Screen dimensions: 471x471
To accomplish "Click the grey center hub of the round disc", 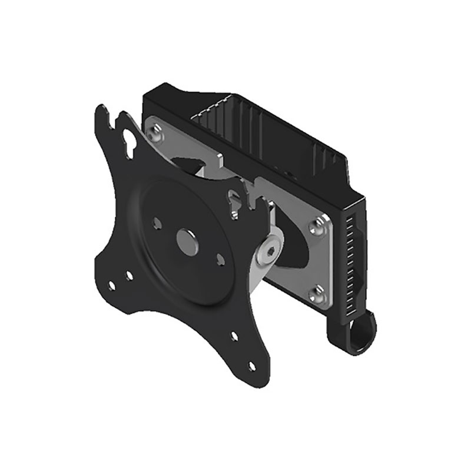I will pyautogui.click(x=187, y=242).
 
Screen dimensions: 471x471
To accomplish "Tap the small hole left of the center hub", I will pyautogui.click(x=157, y=223).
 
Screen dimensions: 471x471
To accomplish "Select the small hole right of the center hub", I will pyautogui.click(x=220, y=258).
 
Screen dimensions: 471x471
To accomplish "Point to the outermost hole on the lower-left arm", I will pyautogui.click(x=112, y=286).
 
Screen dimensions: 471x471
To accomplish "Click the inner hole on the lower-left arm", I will pyautogui.click(x=129, y=275).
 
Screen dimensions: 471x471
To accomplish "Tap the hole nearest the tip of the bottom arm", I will pyautogui.click(x=252, y=366).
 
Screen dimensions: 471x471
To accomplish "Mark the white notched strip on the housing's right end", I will pyautogui.click(x=353, y=259).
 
